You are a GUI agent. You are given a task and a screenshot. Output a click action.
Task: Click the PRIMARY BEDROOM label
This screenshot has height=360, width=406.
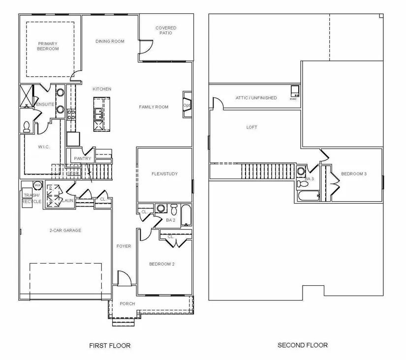pyautogui.click(x=48, y=46)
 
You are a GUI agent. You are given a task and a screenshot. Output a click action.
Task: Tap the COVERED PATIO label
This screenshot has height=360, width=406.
pyautogui.click(x=165, y=30)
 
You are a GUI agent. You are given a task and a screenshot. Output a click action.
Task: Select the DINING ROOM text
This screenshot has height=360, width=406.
pyautogui.click(x=110, y=41)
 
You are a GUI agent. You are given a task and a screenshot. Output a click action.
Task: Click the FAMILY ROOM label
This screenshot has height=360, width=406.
pyautogui.click(x=154, y=107)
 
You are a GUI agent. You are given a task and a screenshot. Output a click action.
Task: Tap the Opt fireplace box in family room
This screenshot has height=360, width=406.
pyautogui.click(x=187, y=105)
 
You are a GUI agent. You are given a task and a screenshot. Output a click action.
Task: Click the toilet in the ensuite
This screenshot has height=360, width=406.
pyautogui.click(x=27, y=127)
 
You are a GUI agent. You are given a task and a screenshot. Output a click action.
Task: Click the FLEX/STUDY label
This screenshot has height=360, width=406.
pyautogui.click(x=164, y=174)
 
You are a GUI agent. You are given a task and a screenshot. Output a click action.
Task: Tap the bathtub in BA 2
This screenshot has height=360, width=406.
pyautogui.click(x=186, y=215)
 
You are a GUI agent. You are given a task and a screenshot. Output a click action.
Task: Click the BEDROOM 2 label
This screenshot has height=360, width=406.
pyautogui.click(x=162, y=264)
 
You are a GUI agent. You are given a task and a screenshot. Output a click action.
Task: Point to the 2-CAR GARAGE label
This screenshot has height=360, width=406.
pyautogui.click(x=65, y=230)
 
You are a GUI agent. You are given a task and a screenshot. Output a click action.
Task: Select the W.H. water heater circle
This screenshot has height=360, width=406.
pyautogui.click(x=37, y=185)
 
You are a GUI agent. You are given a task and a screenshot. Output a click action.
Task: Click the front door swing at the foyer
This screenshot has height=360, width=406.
pyautogui.click(x=124, y=278)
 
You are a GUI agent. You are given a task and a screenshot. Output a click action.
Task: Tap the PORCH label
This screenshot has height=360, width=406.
pyautogui.click(x=127, y=303)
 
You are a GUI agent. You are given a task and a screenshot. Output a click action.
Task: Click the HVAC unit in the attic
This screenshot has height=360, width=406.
pyautogui.click(x=294, y=90)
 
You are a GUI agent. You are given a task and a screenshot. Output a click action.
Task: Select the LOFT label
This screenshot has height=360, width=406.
pyautogui.click(x=251, y=127)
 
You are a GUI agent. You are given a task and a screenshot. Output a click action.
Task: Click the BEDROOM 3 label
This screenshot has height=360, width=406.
pyautogui.click(x=354, y=174)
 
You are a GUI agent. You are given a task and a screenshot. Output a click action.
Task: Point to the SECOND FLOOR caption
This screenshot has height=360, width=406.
pyautogui.click(x=303, y=345)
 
